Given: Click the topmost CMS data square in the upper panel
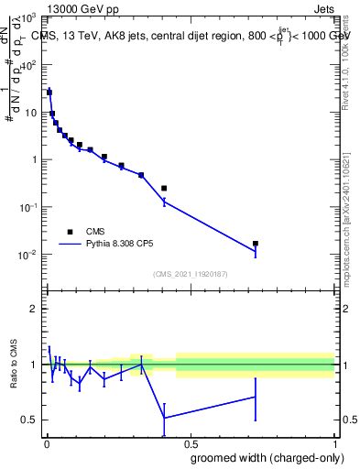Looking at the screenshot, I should [49, 93].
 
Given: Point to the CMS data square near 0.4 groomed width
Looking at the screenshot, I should [164, 188].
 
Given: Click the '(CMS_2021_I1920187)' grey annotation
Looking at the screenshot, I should [191, 273].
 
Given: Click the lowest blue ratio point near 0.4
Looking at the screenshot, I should [164, 418].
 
